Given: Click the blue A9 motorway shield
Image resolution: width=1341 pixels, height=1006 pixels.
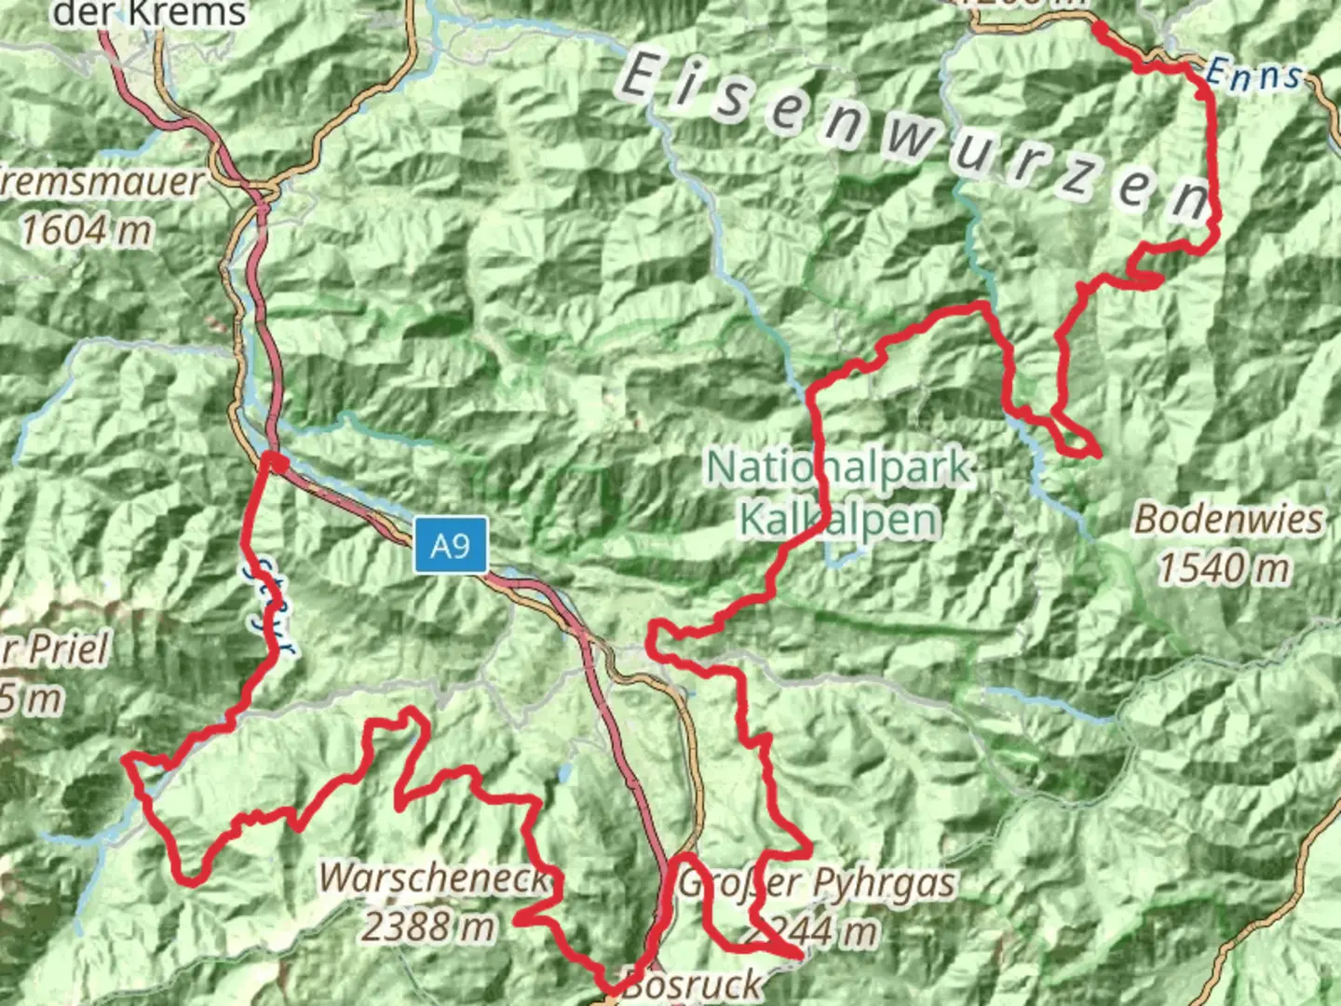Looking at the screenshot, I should pyautogui.click(x=451, y=545).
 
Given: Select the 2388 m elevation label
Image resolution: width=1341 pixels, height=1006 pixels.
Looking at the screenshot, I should pyautogui.click(x=428, y=926).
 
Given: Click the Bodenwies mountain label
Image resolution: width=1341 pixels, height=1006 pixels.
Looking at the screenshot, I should pyautogui.click(x=1227, y=520).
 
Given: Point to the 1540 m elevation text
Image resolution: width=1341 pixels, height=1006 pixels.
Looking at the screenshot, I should pyautogui.click(x=1224, y=567).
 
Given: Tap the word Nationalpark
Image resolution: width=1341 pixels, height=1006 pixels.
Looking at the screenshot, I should pyautogui.click(x=839, y=468).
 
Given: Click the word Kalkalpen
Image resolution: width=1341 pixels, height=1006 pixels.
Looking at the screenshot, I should pyautogui.click(x=838, y=521).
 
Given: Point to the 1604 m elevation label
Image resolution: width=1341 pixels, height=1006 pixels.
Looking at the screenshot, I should pyautogui.click(x=87, y=229).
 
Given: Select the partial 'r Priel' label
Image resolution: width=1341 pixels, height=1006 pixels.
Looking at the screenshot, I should pyautogui.click(x=56, y=649).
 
